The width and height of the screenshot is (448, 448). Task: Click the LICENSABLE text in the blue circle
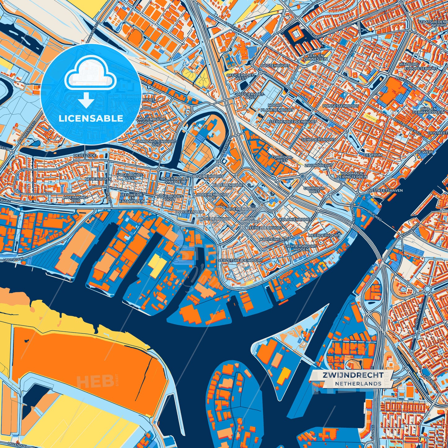pyautogui.click(x=91, y=118)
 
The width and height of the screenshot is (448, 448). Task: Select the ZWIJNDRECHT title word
pyautogui.click(x=353, y=375)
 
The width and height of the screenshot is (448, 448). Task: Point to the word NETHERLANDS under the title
pyautogui.click(x=358, y=384)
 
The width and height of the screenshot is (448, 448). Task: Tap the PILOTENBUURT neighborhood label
pyautogui.click(x=275, y=66)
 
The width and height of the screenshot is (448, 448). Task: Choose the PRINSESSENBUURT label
pyautogui.click(x=340, y=106)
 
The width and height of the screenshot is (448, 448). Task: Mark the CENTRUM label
pyautogui.click(x=373, y=155)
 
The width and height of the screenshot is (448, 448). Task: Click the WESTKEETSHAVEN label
pyautogui.click(x=385, y=190)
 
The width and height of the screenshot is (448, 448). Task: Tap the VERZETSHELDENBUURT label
pyautogui.click(x=241, y=260)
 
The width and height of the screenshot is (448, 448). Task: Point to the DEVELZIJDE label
pyautogui.click(x=85, y=155)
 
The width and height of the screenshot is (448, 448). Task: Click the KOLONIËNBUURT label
pyautogui.click(x=295, y=219)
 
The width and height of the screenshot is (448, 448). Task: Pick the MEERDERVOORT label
pyautogui.click(x=324, y=235)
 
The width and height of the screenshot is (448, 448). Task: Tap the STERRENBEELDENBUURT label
pyautogui.click(x=293, y=122)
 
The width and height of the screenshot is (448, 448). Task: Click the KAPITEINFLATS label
pyautogui.click(x=274, y=240)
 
